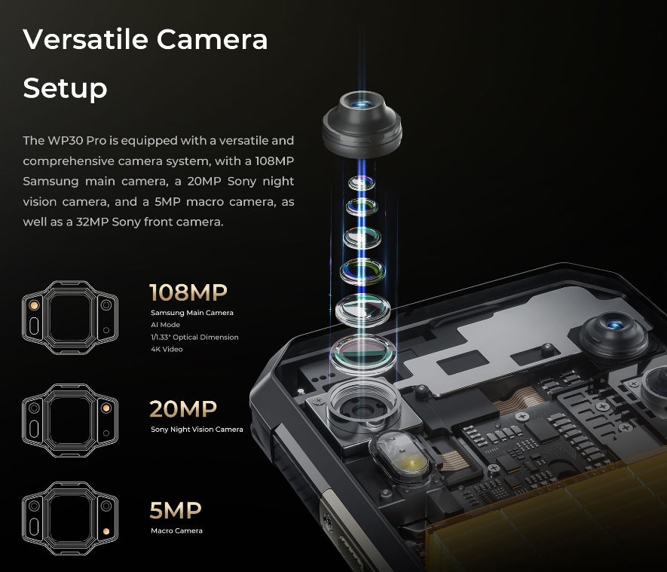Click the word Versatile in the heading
[85, 39]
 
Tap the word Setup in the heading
[65, 88]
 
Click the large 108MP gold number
[188, 292]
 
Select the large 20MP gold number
[183, 408]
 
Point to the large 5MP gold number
[176, 510]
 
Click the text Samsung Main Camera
[192, 313]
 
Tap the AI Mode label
[166, 325]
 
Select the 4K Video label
[167, 349]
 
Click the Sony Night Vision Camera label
[197, 430]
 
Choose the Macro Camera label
[176, 531]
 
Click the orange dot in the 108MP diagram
[34, 305]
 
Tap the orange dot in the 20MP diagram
[106, 408]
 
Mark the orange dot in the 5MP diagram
[106, 531]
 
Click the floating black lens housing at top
[362, 124]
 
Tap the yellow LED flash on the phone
[412, 462]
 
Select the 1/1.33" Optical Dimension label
[194, 337]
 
